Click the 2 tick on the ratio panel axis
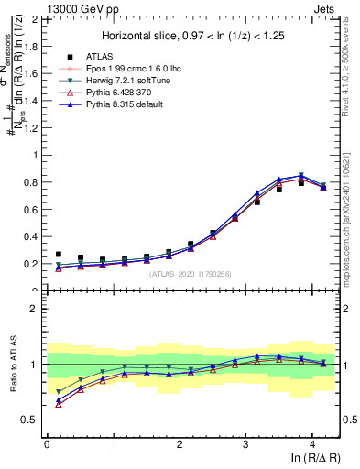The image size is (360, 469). (35, 309)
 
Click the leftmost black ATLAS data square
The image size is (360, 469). (59, 254)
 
